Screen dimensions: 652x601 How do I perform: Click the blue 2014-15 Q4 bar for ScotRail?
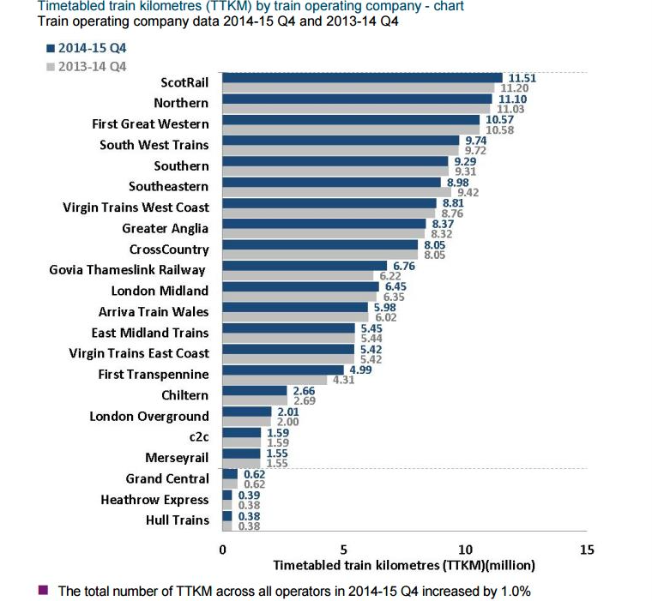(362, 78)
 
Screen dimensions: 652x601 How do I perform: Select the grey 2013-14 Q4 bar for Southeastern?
(337, 192)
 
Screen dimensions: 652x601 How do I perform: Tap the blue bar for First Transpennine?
(283, 370)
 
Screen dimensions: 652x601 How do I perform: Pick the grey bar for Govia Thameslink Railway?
(298, 275)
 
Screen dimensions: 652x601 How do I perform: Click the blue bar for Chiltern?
(255, 391)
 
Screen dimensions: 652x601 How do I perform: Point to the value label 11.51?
(522, 78)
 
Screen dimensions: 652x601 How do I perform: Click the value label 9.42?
(468, 192)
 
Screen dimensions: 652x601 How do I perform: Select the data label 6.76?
(404, 266)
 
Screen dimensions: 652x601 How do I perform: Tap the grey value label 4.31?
(344, 380)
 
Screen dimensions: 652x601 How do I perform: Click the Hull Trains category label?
(178, 520)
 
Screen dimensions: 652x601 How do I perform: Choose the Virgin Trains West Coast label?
(136, 207)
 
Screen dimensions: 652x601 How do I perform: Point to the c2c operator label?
(199, 437)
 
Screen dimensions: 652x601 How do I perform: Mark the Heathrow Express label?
(154, 500)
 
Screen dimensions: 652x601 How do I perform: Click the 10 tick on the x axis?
(465, 550)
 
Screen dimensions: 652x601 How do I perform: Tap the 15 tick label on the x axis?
(587, 550)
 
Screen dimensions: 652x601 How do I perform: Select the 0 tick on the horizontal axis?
(222, 550)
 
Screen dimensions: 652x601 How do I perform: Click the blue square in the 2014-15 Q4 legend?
(51, 48)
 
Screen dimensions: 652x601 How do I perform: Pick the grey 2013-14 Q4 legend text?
(93, 67)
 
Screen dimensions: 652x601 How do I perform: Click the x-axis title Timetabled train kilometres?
(404, 565)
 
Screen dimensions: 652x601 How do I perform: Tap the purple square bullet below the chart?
(43, 590)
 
